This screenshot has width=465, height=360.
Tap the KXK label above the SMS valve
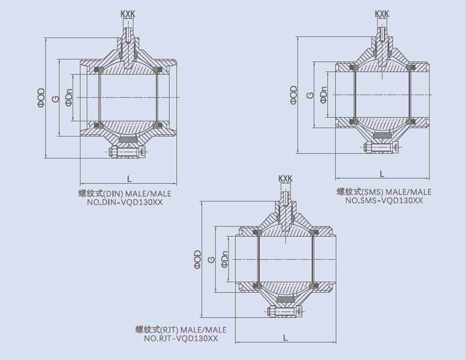pyautogui.click(x=382, y=13)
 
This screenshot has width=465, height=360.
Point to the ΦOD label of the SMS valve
pyautogui.click(x=294, y=95)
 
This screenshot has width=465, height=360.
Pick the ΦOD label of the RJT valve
pyautogui.click(x=198, y=260)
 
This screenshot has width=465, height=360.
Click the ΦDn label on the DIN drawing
pyautogui.click(x=69, y=97)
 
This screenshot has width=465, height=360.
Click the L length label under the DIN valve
pyautogui.click(x=128, y=177)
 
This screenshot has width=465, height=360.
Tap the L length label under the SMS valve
pyautogui.click(x=381, y=174)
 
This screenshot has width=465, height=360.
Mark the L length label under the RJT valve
pyautogui.click(x=285, y=337)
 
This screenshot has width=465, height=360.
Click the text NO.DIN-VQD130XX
pyautogui.click(x=126, y=203)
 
